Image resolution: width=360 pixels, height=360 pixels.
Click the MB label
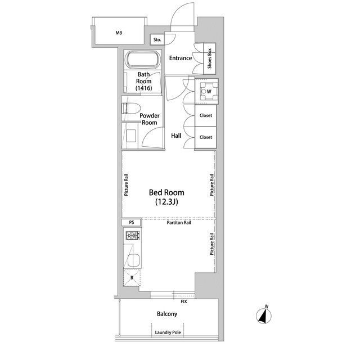119,33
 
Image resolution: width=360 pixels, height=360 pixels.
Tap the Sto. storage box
157,39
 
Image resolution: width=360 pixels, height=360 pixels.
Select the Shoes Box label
209,58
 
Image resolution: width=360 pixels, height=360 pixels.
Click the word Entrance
181,58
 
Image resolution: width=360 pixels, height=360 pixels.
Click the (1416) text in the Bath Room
144,88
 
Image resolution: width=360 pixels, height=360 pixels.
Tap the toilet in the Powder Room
131,109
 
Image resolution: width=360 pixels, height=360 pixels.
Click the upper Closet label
206,115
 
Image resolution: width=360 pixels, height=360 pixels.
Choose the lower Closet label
206,137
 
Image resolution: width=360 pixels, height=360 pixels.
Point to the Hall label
176,136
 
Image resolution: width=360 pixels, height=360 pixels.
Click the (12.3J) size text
166,202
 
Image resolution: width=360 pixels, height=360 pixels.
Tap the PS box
132,222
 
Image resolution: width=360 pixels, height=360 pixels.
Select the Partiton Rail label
179,223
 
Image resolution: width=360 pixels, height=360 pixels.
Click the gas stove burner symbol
133,236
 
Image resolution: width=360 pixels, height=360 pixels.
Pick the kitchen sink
134,260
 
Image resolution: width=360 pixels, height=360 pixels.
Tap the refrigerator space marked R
132,278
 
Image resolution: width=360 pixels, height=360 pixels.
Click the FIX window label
184,301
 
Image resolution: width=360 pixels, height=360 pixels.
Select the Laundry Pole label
168,332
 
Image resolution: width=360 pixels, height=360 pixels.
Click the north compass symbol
264,316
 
